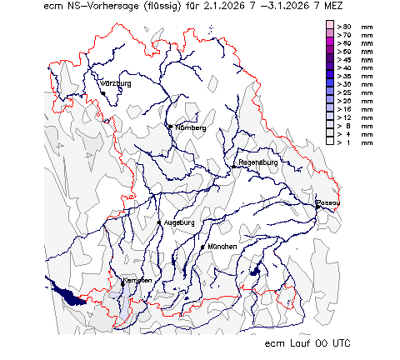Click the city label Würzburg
pyautogui.click(x=116, y=84)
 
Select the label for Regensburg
pyautogui.click(x=257, y=162)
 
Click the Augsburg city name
pyautogui.click(x=179, y=223)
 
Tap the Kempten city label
pyautogui.click(x=137, y=281)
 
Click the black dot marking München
pyautogui.click(x=202, y=247)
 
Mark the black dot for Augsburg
pyautogui.click(x=159, y=223)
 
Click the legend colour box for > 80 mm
pyautogui.click(x=330, y=27)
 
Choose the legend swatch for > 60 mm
pyautogui.click(x=330, y=43)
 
